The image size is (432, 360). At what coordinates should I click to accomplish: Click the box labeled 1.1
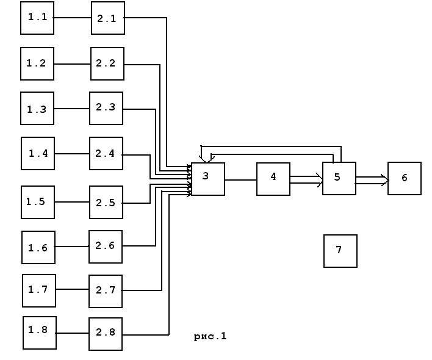click(37, 18)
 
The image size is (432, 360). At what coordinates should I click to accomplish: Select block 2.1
click(108, 18)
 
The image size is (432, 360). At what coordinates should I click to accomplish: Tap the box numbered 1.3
click(37, 109)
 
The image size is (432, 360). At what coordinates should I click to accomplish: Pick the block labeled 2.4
click(106, 153)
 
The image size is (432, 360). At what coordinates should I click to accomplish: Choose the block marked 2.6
click(106, 247)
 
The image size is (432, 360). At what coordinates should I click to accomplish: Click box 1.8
click(40, 333)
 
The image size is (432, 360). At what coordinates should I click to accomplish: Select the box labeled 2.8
click(106, 334)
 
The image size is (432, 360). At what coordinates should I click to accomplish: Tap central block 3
click(208, 179)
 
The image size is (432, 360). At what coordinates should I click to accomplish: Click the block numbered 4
click(273, 179)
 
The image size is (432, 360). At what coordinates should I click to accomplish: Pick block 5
click(339, 178)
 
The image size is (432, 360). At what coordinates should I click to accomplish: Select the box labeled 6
click(405, 178)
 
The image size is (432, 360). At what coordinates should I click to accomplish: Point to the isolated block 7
click(340, 251)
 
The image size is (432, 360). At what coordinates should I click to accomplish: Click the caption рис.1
click(211, 336)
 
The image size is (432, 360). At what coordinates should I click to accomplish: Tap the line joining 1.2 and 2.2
click(73, 64)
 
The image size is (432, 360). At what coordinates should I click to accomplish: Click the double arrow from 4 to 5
click(306, 179)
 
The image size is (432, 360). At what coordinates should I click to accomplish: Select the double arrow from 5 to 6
click(372, 179)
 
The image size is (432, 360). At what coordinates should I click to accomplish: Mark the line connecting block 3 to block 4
click(240, 180)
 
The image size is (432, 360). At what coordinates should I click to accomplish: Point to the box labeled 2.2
click(107, 63)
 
